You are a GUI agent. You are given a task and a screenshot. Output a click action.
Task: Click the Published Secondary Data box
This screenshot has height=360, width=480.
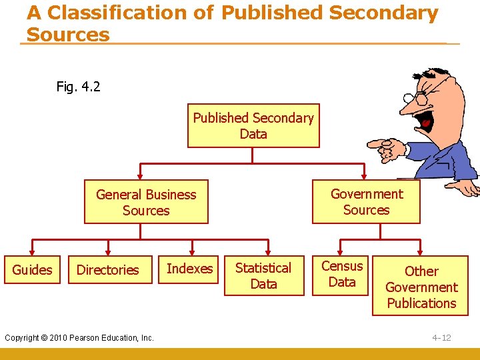click(x=253, y=125)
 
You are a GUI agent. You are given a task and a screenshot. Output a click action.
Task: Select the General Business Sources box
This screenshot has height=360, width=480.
click(x=146, y=202)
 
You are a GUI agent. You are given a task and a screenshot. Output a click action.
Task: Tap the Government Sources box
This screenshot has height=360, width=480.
click(x=367, y=201)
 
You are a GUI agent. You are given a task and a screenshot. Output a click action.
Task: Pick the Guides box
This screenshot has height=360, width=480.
click(x=32, y=270)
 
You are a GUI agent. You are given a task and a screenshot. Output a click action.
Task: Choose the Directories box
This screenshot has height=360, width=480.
click(x=108, y=270)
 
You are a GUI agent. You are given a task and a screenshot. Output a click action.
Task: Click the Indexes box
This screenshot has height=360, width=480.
click(x=190, y=269)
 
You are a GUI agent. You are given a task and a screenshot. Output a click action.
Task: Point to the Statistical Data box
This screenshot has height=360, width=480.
click(x=263, y=275)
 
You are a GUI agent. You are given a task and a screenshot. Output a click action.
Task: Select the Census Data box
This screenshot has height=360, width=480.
click(x=342, y=274)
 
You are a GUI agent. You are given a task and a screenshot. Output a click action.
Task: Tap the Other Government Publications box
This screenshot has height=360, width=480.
click(x=421, y=287)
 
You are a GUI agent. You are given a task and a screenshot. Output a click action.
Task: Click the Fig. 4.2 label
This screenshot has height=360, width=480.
click(x=79, y=86)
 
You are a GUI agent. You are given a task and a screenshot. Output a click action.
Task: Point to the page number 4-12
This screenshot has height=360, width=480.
click(x=441, y=337)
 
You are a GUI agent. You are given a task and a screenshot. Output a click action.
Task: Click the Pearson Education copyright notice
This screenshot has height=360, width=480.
click(x=79, y=337)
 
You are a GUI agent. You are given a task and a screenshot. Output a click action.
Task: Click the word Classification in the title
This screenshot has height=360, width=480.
click(x=126, y=13)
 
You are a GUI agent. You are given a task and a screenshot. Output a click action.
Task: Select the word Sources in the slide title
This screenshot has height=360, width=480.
click(x=68, y=35)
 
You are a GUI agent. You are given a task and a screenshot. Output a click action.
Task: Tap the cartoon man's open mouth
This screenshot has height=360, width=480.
click(x=424, y=119)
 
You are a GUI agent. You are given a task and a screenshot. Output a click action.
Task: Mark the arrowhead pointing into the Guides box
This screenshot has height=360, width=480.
click(x=32, y=252)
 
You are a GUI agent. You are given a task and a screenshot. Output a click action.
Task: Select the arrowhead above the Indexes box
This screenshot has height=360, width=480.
click(x=193, y=252)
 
